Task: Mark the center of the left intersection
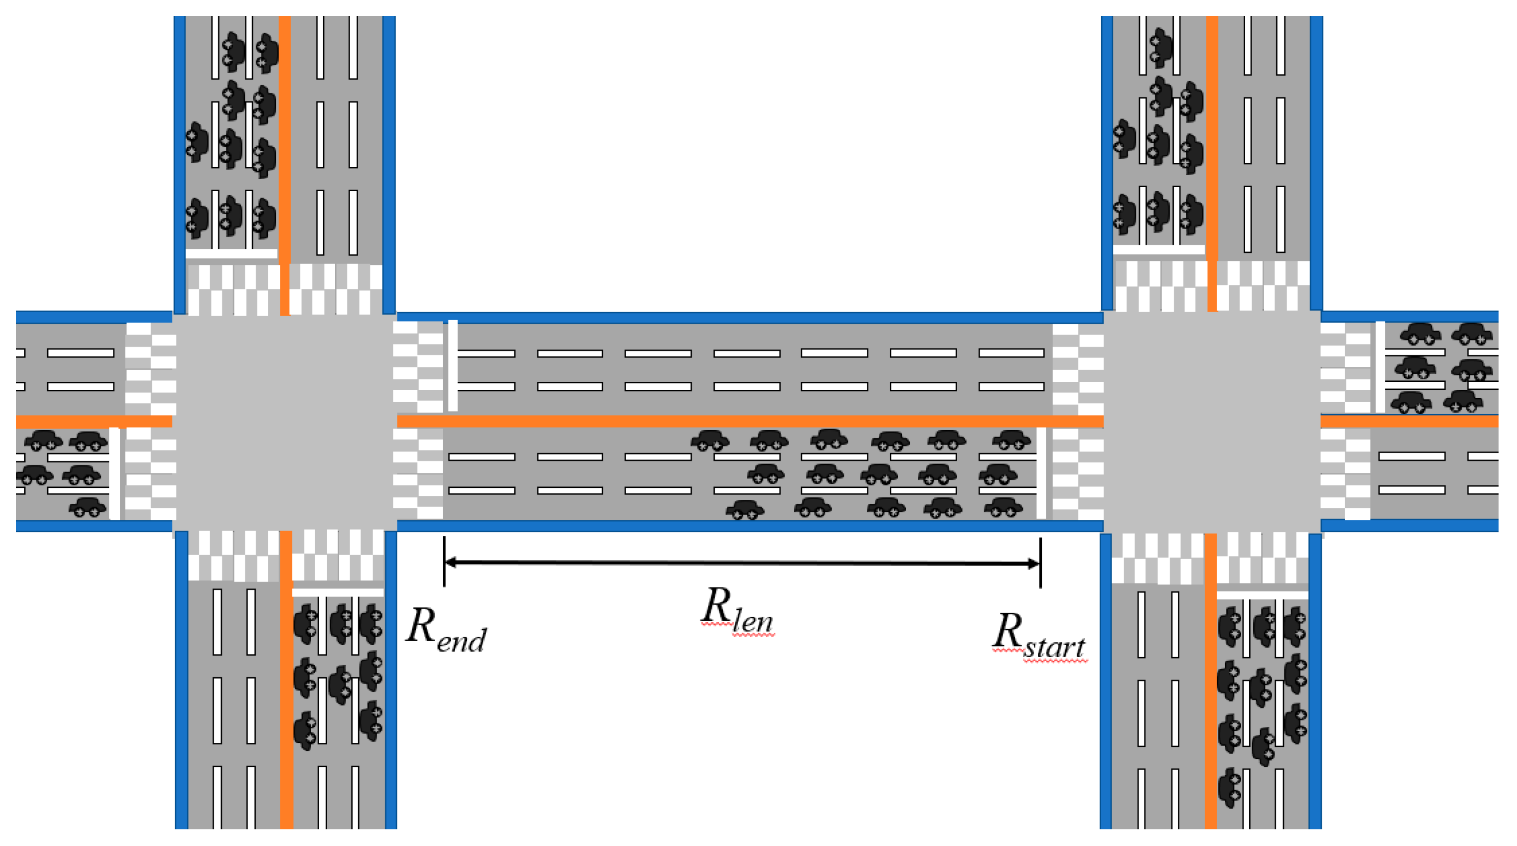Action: pyautogui.click(x=285, y=422)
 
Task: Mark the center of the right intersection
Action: pyautogui.click(x=1212, y=422)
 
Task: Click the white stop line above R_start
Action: pyautogui.click(x=1041, y=473)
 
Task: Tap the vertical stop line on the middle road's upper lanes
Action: pyautogui.click(x=452, y=366)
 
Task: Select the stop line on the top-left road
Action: pyautogui.click(x=232, y=254)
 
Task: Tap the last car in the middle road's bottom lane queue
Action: pyautogui.click(x=745, y=510)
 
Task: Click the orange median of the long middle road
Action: pyautogui.click(x=748, y=422)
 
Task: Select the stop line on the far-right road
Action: pyautogui.click(x=1380, y=367)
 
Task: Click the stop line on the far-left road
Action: pyautogui.click(x=115, y=473)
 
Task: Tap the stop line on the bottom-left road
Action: pyautogui.click(x=338, y=591)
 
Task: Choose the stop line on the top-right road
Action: pyautogui.click(x=1159, y=249)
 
